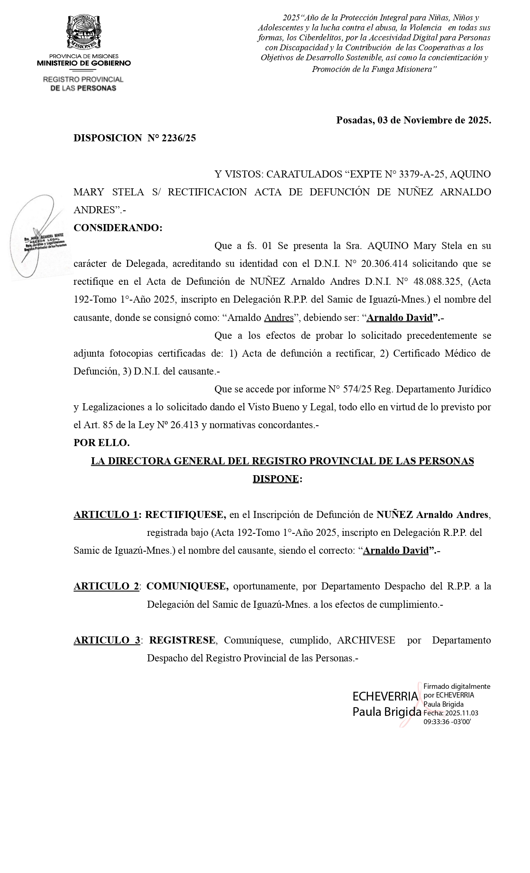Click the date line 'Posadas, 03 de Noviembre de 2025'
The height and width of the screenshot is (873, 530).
[x=413, y=121]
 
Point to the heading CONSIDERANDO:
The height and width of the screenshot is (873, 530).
[x=118, y=228]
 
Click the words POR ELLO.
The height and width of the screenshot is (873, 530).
[x=101, y=443]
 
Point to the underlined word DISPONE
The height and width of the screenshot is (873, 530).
[x=275, y=479]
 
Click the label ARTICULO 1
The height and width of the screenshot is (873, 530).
[x=106, y=515]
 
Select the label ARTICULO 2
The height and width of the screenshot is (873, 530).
[x=106, y=586]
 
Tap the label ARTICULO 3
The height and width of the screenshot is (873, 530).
[x=107, y=640]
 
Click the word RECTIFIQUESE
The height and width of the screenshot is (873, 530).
[x=185, y=515]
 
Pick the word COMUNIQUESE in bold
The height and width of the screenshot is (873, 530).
[x=187, y=586]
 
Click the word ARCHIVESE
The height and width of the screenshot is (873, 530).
[x=366, y=640]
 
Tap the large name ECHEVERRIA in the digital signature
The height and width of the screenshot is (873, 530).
[x=385, y=696]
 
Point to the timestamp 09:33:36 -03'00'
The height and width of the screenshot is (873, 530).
[x=447, y=722]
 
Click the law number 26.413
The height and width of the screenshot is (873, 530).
[x=182, y=425]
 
